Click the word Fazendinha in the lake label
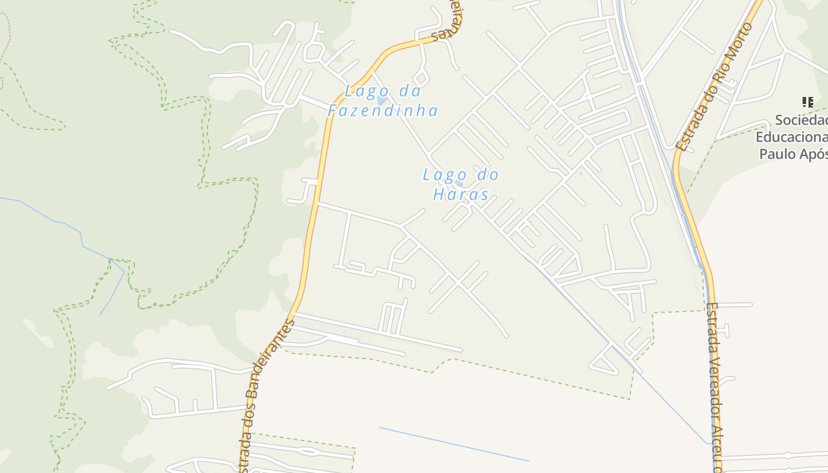(383, 111)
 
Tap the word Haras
(461, 195)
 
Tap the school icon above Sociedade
(808, 102)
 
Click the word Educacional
(793, 137)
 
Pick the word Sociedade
(802, 120)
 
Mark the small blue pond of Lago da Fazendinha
(381, 101)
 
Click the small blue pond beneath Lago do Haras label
(459, 184)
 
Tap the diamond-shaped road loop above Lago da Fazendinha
(421, 77)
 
